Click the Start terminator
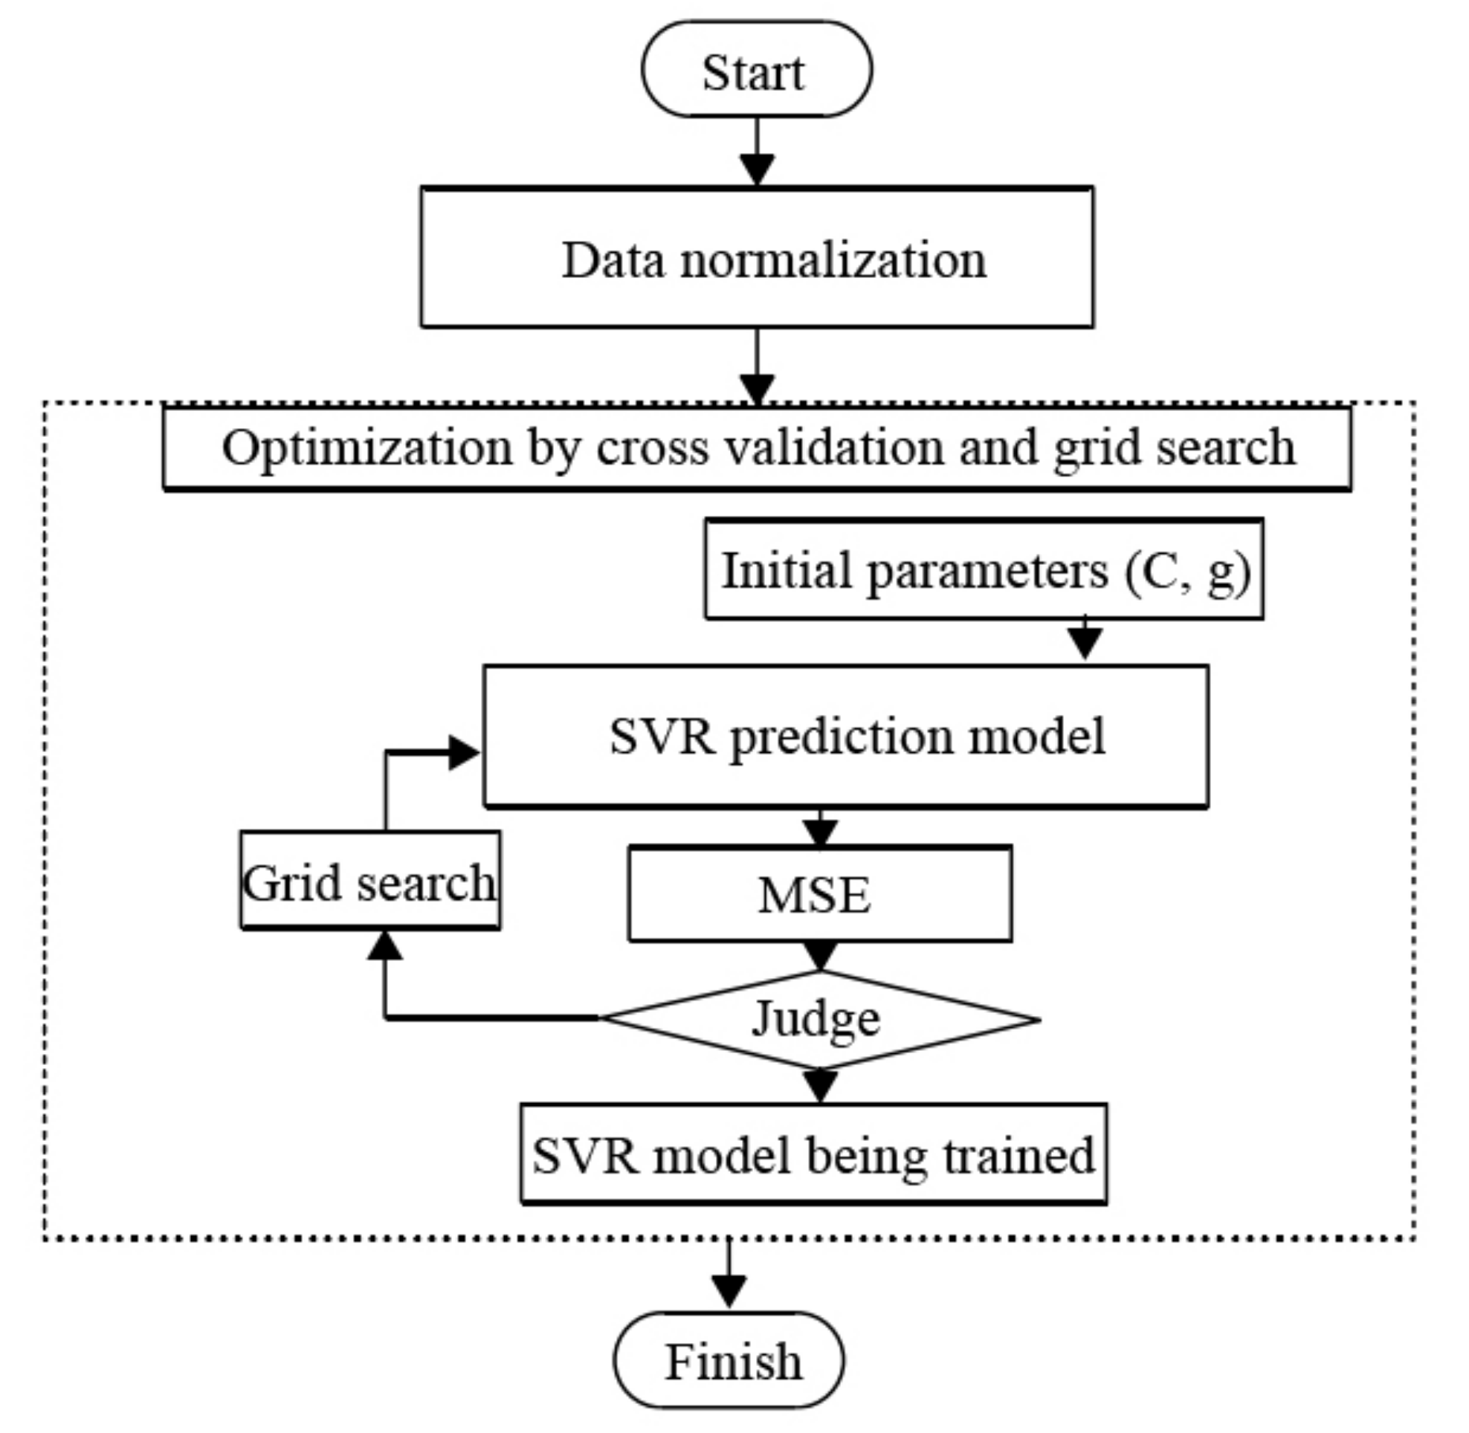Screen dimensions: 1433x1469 pos(756,69)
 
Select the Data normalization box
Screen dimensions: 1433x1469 pos(757,257)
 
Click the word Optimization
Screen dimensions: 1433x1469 pos(367,449)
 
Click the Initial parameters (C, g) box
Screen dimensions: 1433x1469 pos(984,570)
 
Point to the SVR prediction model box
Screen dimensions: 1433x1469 pos(845,736)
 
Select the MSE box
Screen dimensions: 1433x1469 pos(820,894)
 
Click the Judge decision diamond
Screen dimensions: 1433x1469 pos(819,1020)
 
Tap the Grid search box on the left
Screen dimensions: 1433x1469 pos(369,881)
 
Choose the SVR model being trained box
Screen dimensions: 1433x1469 pos(813,1154)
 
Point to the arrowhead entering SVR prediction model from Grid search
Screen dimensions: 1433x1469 pos(463,753)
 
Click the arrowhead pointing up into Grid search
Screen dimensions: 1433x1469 pos(385,947)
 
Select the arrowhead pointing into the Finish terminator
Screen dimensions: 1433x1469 pos(728,1292)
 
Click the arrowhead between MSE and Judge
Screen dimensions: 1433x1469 pos(820,956)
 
